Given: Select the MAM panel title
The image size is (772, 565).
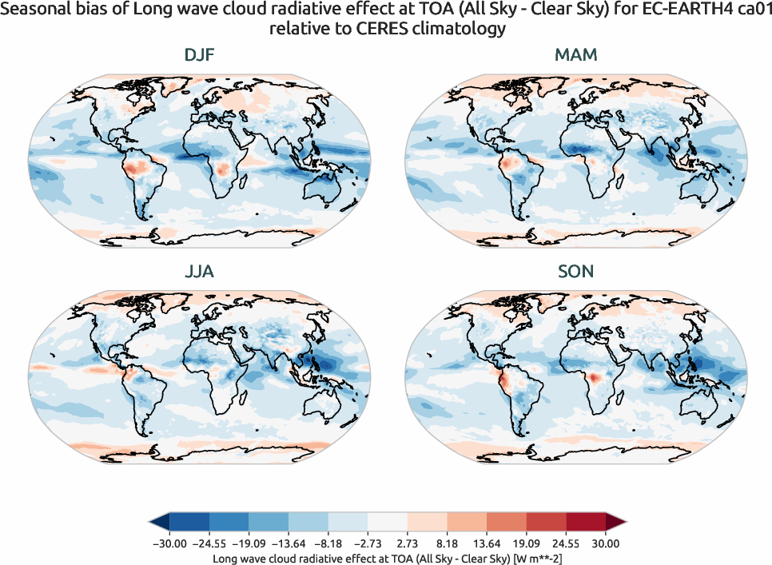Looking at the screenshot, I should pos(575,56).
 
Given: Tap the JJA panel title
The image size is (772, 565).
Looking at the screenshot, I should pos(198,273).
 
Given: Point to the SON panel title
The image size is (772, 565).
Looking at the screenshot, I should pos(575,273).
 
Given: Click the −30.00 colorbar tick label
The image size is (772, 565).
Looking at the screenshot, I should pos(169,543).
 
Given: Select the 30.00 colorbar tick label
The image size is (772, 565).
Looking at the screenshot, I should pos(606,543).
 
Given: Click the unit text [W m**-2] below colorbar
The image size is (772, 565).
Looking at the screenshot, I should pos(535,558).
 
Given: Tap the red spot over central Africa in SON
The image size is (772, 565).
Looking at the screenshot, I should pos(594,376).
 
